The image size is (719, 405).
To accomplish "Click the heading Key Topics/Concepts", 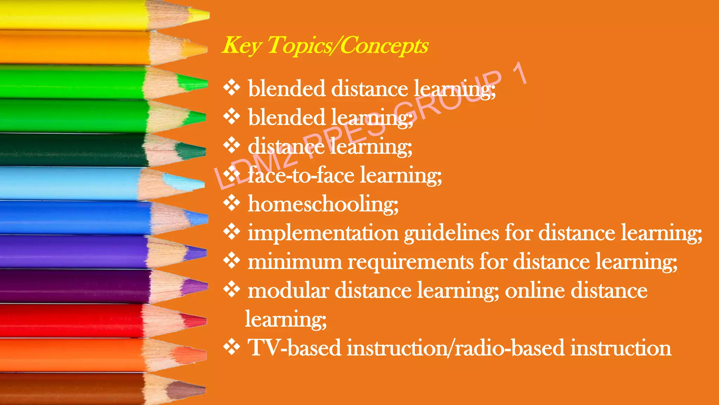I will point(325,46).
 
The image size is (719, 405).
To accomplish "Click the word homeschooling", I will point(323,204).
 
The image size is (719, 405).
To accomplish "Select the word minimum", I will point(295,262).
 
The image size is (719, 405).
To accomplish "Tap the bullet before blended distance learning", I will point(232,88).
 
